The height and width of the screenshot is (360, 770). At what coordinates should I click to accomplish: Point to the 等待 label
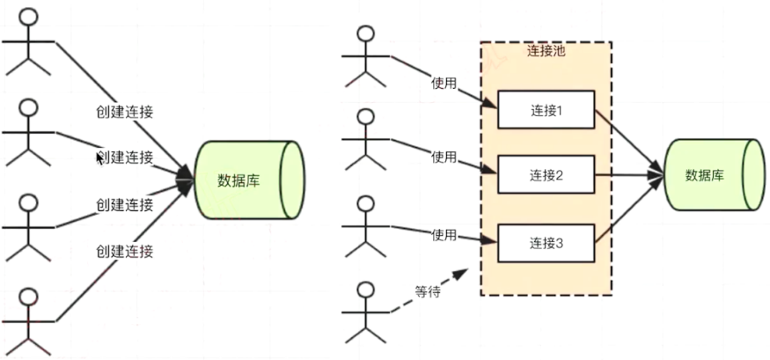click(x=427, y=291)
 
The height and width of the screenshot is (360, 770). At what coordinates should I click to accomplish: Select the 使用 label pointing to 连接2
click(x=444, y=158)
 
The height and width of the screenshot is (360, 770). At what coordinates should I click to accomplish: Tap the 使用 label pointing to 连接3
click(x=444, y=235)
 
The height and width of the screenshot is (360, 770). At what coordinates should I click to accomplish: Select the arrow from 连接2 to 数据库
click(x=629, y=175)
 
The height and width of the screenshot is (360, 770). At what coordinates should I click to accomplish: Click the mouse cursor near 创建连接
click(x=99, y=158)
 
